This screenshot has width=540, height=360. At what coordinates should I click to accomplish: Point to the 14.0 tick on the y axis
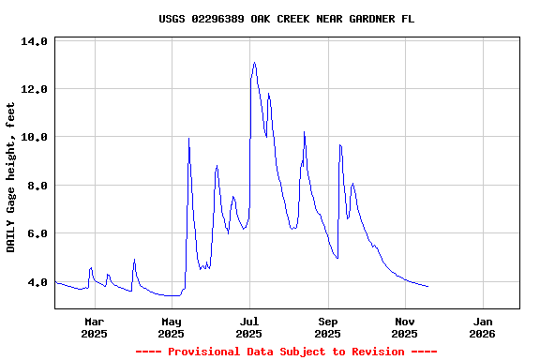coord(34,42)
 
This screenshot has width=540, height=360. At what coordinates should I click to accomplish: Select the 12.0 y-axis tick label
coord(34,90)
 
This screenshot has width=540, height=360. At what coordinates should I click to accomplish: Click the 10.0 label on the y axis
coord(34,138)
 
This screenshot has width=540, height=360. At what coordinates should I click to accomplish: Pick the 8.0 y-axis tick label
coord(37,186)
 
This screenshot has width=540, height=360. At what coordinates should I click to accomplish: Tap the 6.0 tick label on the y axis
coord(37,233)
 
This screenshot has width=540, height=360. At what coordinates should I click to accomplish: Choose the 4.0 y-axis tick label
coord(37,281)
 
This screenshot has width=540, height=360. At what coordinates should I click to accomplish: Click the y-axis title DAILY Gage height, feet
coord(11,177)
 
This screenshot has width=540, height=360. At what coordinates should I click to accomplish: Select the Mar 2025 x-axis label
coord(94,326)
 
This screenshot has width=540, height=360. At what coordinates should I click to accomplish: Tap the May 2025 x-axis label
coord(172,326)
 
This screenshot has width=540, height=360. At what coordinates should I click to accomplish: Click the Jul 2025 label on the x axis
coord(249,326)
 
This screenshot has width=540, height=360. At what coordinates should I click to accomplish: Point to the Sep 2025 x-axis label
coord(328,326)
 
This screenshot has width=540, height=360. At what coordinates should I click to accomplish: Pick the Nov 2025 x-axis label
coord(405,326)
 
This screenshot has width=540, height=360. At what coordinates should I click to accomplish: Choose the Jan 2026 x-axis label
coord(483,326)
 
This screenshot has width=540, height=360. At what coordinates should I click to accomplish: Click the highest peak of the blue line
coord(254,63)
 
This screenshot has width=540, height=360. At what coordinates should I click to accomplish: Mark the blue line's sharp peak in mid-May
coord(188,139)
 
